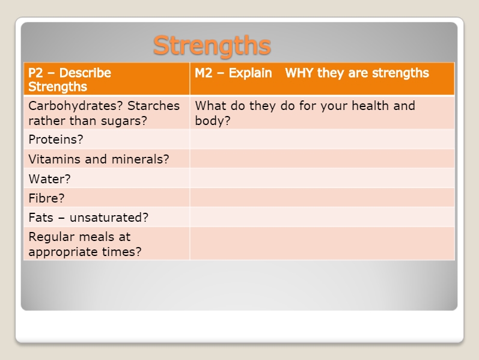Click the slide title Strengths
pyautogui.click(x=212, y=46)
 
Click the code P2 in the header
pyautogui.click(x=35, y=73)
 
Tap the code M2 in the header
pyautogui.click(x=204, y=73)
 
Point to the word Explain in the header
pyautogui.click(x=250, y=73)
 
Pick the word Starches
pyautogui.click(x=153, y=106)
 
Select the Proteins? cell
pyautogui.click(x=56, y=139)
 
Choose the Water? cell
pyautogui.click(x=49, y=178)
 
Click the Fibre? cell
pyautogui.click(x=46, y=198)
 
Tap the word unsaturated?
pyautogui.click(x=109, y=218)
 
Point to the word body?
pyautogui.click(x=213, y=121)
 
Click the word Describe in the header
pyautogui.click(x=85, y=73)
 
